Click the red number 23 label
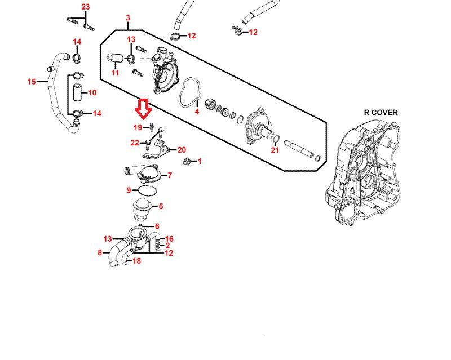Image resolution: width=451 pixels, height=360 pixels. click(86, 7)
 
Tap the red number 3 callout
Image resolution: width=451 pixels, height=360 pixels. click(128, 18)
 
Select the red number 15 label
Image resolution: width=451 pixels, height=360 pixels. click(32, 82)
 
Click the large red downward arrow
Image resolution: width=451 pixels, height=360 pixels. click(144, 109)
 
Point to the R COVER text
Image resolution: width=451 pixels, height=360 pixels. click(381, 113)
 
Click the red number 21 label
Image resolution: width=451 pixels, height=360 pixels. click(275, 150)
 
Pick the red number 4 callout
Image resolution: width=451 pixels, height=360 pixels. click(197, 112)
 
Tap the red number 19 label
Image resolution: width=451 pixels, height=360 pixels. click(138, 127)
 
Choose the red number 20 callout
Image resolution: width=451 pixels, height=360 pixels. click(182, 150)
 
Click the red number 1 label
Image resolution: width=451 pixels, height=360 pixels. click(200, 161)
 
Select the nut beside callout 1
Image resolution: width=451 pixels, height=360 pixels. click(186, 161)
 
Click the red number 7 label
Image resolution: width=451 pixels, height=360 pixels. click(170, 175)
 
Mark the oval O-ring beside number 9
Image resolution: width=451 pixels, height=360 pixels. click(147, 190)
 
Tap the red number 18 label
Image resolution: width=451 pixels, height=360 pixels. click(136, 261)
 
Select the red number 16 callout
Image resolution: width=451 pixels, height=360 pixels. click(169, 239)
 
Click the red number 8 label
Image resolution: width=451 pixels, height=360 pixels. click(100, 252)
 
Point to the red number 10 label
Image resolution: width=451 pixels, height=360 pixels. click(92, 92)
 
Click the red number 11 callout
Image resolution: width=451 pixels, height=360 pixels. click(115, 73)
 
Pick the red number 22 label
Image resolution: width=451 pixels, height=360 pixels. click(135, 143)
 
